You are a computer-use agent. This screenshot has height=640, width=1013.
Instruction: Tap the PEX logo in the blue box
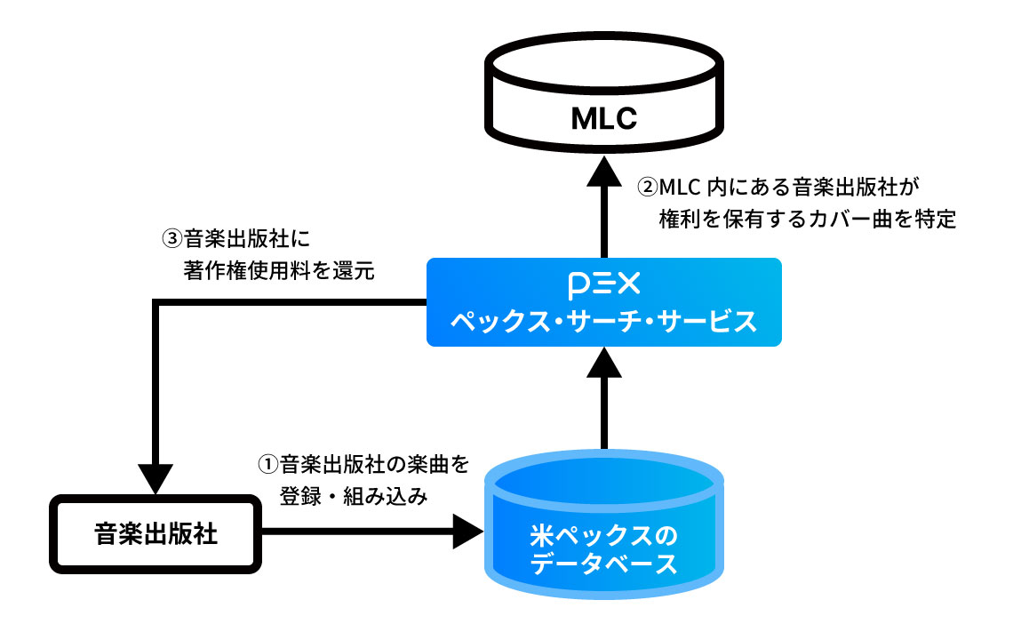pyautogui.click(x=603, y=286)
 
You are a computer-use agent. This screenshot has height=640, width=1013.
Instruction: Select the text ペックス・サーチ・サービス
pyautogui.click(x=603, y=321)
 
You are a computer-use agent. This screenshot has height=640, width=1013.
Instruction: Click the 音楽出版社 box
pyautogui.click(x=156, y=534)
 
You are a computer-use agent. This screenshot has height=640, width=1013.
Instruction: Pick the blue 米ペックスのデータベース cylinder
pyautogui.click(x=603, y=533)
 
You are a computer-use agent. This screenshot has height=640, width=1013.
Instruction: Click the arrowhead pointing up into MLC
pyautogui.click(x=603, y=170)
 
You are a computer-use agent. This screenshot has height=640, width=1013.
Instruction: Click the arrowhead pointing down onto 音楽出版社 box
pyautogui.click(x=156, y=479)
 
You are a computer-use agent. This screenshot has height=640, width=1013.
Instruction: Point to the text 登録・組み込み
pyautogui.click(x=354, y=498)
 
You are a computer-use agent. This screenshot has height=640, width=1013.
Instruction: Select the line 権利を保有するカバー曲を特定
pyautogui.click(x=807, y=220)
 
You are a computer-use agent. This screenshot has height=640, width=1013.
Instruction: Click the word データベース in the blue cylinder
pyautogui.click(x=603, y=565)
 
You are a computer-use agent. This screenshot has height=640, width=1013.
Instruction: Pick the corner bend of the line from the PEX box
pyautogui.click(x=157, y=304)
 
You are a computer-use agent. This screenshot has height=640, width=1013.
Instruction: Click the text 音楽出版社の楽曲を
pyautogui.click(x=373, y=464)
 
